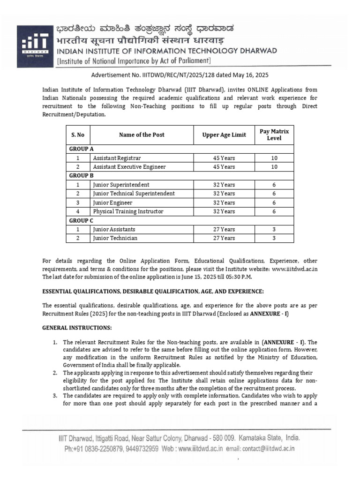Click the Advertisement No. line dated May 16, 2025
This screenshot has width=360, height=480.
[180, 75]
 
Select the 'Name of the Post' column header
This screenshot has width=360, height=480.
[142, 135]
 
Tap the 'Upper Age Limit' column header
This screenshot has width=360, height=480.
[224, 135]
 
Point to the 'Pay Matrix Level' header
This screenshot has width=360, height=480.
[274, 135]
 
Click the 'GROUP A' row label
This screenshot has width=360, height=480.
[78, 149]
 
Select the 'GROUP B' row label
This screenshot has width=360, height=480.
[78, 175]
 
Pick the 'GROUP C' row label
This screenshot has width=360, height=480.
[78, 220]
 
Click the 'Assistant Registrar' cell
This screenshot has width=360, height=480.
[117, 158]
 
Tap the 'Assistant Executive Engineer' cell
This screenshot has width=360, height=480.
[129, 167]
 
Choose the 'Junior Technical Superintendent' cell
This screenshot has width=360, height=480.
[134, 194]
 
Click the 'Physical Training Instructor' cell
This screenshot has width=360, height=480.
[128, 211]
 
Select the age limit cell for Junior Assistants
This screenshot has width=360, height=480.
[224, 229]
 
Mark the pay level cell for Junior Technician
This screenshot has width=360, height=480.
[274, 238]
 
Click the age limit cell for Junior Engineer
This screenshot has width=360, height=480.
[224, 202]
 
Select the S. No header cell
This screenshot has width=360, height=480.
[78, 135]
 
